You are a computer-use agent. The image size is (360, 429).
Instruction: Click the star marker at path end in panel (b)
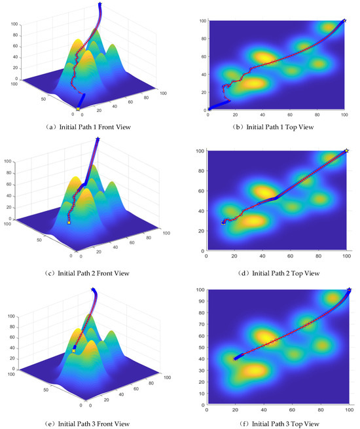[344, 21]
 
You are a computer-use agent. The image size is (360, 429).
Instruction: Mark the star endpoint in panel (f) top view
[349, 289]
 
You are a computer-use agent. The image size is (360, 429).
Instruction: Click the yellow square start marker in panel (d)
[223, 223]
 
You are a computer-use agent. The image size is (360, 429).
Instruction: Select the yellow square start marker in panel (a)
[79, 109]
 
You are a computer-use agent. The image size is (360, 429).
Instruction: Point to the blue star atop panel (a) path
[99, 5]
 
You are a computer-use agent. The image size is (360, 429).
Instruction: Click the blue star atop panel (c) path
[98, 139]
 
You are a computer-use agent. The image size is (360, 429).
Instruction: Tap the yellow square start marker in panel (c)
[69, 223]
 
